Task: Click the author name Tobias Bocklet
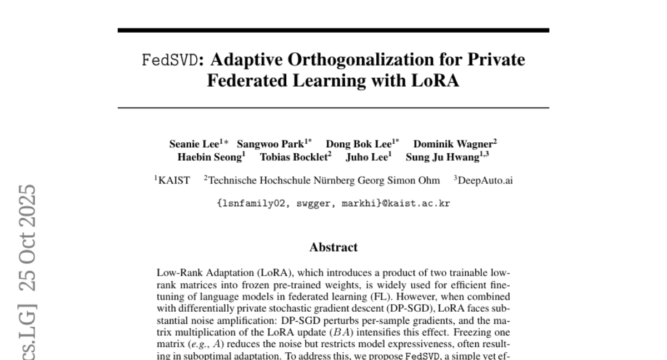[294, 157]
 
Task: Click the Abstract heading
[333, 247]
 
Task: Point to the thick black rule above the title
[333, 30]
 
